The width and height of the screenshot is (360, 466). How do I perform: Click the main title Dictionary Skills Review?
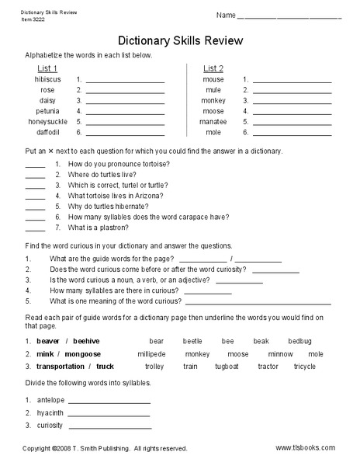180,40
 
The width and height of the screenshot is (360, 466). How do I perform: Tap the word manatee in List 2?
213,122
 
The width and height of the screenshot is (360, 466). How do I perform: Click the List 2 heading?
213,68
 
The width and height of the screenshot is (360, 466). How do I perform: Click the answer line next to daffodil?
125,134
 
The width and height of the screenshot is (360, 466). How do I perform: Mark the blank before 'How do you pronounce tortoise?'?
35,165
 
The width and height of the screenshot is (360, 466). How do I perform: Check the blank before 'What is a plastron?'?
35,229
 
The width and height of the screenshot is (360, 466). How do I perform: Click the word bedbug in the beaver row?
299,341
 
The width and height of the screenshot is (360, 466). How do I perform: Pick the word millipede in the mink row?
151,353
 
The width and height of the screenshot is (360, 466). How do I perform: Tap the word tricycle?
304,366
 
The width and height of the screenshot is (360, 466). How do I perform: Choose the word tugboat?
227,366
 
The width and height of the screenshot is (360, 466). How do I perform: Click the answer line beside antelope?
109,402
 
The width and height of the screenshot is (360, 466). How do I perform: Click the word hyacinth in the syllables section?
50,413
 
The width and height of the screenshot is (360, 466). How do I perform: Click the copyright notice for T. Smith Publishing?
105,448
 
